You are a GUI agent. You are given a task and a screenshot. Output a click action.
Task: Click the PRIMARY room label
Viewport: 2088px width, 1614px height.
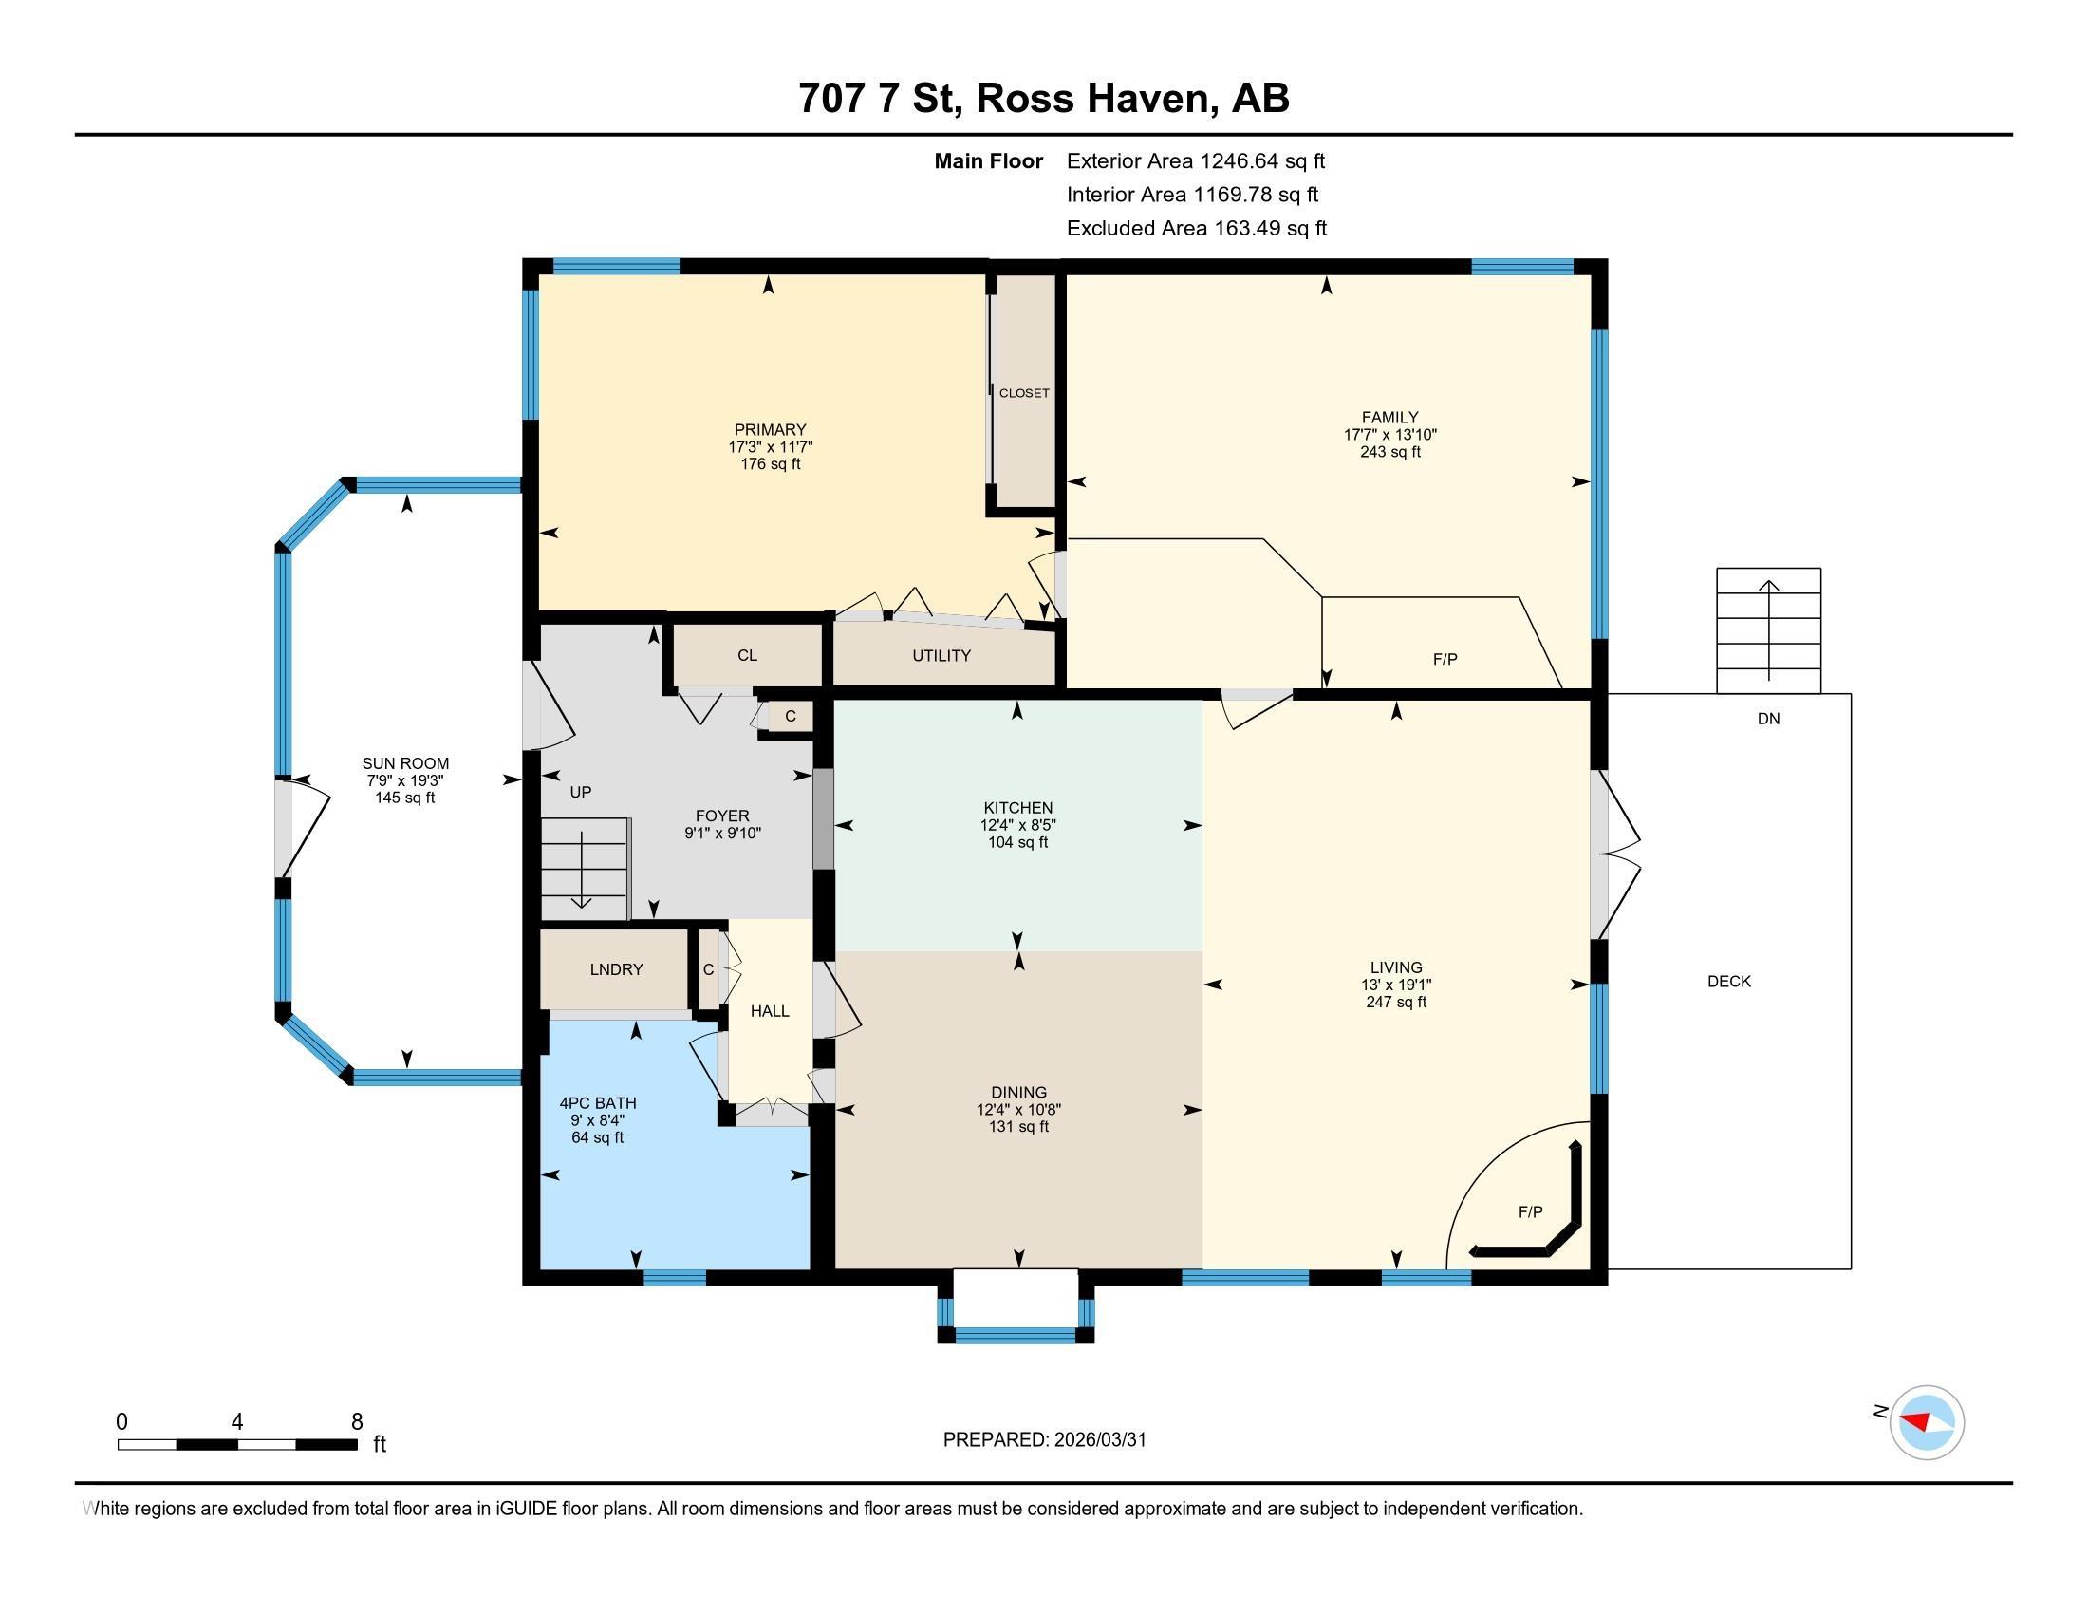coord(770,429)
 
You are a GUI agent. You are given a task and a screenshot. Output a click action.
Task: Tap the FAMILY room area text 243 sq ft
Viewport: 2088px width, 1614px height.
coord(1389,451)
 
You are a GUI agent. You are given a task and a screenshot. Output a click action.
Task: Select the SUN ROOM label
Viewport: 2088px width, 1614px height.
coord(405,763)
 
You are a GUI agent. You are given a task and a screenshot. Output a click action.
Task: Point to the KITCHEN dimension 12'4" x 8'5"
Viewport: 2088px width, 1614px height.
coord(1017,825)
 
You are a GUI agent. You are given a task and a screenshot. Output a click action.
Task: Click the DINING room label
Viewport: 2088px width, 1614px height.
coord(1018,1092)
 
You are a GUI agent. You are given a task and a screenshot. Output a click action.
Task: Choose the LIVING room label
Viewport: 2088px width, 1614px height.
coord(1396,967)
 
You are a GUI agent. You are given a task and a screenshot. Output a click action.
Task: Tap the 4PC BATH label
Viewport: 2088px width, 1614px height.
coord(598,1102)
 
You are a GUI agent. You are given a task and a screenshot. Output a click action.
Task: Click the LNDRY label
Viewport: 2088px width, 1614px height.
coord(616,969)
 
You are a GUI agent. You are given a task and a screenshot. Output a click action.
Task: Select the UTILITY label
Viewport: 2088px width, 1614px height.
coord(941,656)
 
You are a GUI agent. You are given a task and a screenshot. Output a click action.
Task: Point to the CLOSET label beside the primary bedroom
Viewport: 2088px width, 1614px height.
coord(1024,393)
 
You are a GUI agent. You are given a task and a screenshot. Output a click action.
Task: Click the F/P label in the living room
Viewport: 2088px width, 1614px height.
coord(1530,1212)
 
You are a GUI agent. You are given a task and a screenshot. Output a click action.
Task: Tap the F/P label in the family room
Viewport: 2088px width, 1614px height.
coord(1445,660)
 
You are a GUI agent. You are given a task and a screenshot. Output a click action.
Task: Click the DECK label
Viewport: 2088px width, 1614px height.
coord(1728,981)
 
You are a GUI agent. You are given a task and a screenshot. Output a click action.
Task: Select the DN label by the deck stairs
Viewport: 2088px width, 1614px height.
coord(1768,719)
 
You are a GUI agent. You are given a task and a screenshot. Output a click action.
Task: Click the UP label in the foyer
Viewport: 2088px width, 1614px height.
coord(580,792)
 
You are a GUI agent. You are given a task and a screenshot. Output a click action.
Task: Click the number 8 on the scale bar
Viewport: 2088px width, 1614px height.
coord(357,1422)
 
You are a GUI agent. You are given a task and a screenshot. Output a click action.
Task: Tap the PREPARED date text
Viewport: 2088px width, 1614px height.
coord(1044,1440)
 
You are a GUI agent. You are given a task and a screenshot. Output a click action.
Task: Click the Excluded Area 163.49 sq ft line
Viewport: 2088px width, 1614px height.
coord(1196,229)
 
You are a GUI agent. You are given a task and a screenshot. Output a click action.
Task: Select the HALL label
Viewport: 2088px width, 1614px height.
coord(770,1011)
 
